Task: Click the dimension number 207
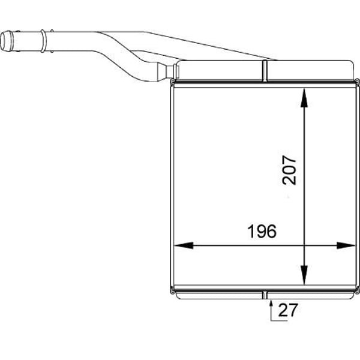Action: tap(289, 170)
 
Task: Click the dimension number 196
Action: tap(262, 231)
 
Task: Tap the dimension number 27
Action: tap(288, 310)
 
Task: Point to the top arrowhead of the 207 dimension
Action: tap(304, 98)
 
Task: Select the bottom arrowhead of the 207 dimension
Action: tap(304, 275)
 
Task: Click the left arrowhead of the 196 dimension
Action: tap(184, 245)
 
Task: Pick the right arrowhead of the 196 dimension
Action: tap(346, 245)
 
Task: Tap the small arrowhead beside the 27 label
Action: tap(271, 304)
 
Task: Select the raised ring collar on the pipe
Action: tap(43, 41)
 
